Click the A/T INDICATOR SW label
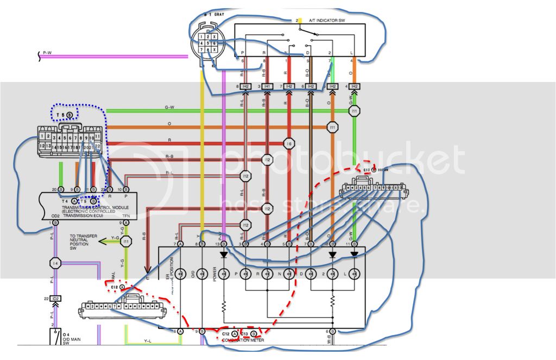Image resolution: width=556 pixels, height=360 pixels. (327, 20)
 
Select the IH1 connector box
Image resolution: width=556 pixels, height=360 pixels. (267, 86)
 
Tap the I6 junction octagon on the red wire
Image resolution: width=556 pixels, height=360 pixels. (288, 143)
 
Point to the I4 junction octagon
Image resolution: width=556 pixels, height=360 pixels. (54, 263)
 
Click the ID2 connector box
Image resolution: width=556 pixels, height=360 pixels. (55, 298)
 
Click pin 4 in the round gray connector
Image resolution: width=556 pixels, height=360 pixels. (201, 43)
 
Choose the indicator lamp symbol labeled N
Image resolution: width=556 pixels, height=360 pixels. (288, 274)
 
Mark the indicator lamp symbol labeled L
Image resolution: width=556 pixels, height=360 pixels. (354, 274)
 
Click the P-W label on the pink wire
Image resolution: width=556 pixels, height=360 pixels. (48, 53)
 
